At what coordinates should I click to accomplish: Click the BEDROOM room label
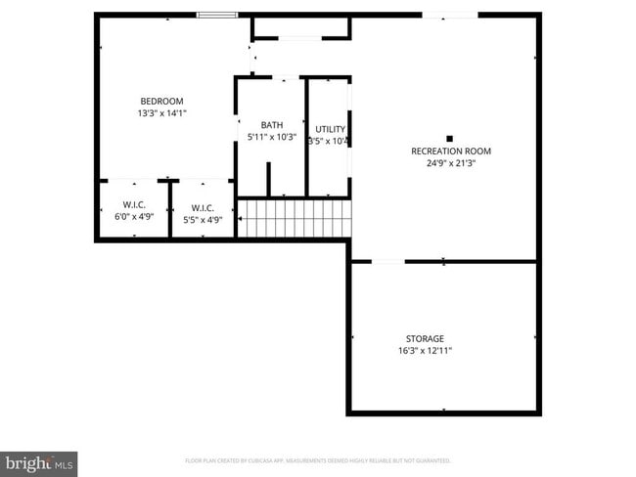pos(161,102)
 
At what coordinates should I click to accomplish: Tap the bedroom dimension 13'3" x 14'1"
pos(161,113)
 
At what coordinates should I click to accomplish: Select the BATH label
pos(271,125)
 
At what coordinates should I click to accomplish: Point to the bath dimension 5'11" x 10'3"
pos(271,137)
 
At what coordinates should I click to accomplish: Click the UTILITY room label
pos(330,129)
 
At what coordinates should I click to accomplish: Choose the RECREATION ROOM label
pos(450,152)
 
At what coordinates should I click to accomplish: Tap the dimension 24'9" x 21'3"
pos(450,163)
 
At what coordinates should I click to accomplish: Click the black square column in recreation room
pos(450,139)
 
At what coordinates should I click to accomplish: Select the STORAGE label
pos(425,339)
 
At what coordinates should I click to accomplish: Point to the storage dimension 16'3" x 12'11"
pos(425,351)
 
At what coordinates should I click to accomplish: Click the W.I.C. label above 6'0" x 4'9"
pos(134,205)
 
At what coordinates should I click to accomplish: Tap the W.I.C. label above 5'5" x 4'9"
pos(203,207)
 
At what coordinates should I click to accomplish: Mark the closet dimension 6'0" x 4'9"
pos(134,217)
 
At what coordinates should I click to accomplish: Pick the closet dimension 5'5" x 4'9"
pos(203,220)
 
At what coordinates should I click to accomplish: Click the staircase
pos(294,219)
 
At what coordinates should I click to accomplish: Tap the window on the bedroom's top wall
pos(217,15)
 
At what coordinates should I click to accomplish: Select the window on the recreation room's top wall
pos(450,15)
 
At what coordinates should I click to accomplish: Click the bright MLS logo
pos(39,461)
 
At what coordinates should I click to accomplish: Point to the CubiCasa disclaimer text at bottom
pos(317,460)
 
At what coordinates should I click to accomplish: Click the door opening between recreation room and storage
pos(387,262)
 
